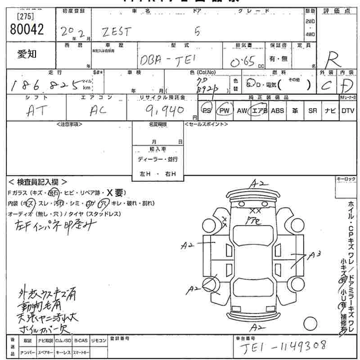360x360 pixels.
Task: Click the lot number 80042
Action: pos(27,29)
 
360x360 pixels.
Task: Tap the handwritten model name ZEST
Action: pos(117,32)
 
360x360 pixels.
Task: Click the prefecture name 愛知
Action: pos(27,54)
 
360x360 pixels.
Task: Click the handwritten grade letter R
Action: pos(334,59)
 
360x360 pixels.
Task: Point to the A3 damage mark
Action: pos(315,255)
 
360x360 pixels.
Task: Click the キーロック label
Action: pos(346,179)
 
